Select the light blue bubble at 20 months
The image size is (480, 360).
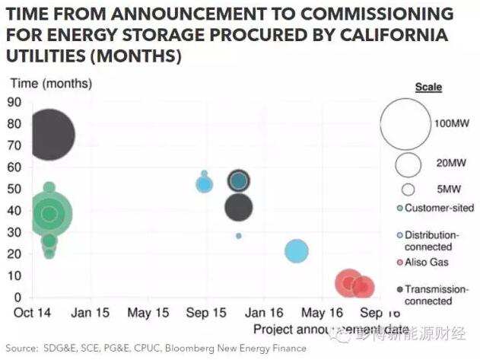click(x=296, y=251)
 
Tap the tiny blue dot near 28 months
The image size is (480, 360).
click(x=238, y=236)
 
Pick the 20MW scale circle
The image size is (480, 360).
click(x=408, y=164)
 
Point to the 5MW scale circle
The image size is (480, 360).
click(x=408, y=190)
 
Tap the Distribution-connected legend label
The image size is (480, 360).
click(x=431, y=241)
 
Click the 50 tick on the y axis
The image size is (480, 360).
click(x=14, y=189)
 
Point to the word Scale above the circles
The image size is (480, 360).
click(x=428, y=88)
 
